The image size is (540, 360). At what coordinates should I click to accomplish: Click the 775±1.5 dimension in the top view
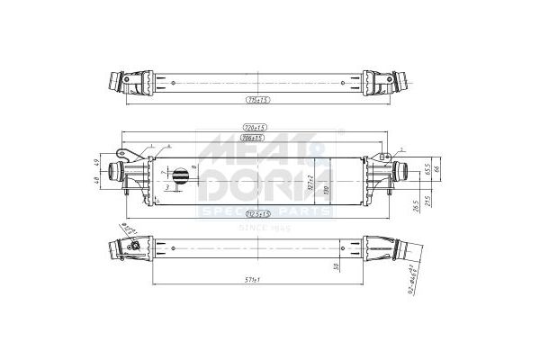(x=258, y=99)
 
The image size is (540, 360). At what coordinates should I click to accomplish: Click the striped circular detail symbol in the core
(x=180, y=176)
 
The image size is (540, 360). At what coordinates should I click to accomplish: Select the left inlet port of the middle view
(x=118, y=172)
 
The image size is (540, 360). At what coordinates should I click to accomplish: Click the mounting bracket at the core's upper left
(x=132, y=151)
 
